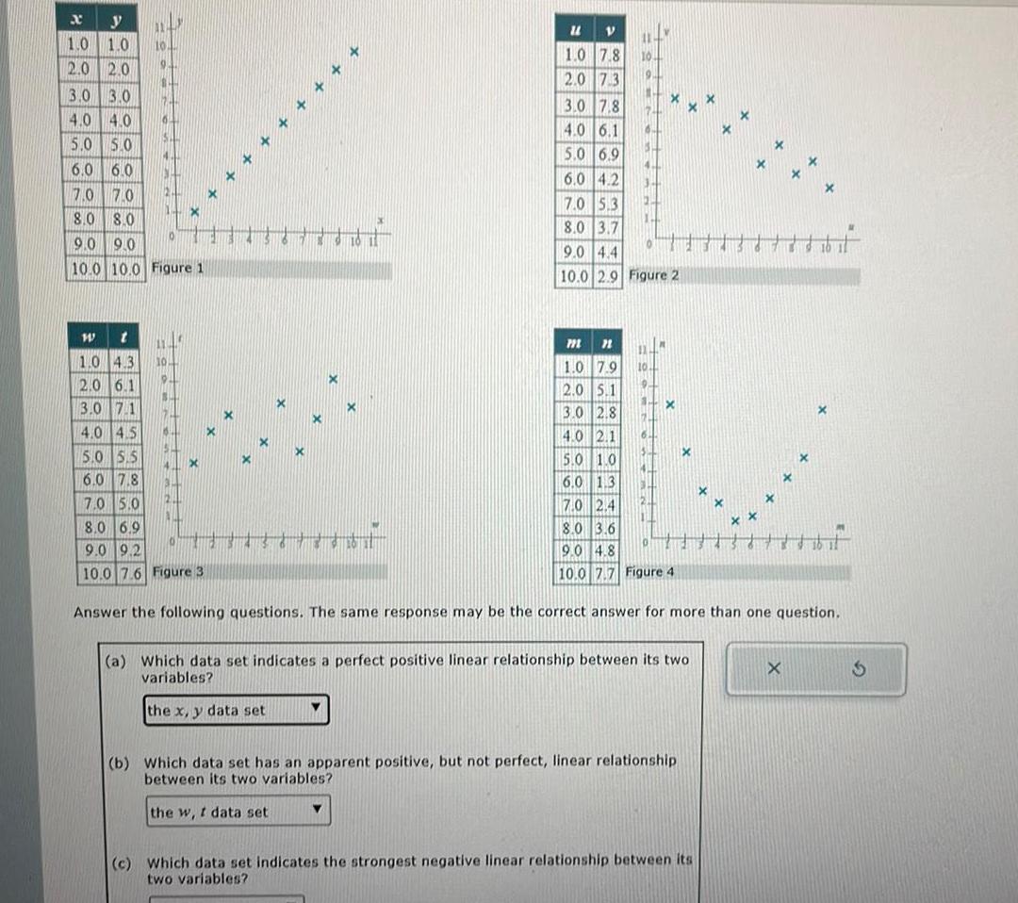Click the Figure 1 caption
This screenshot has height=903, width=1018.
point(178,269)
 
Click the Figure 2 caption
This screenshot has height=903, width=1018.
point(653,275)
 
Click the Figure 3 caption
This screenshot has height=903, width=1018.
point(177,572)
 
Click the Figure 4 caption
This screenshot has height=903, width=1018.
point(651,572)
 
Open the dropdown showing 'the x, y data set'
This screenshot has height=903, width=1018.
point(237,710)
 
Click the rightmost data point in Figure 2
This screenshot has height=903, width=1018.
point(829,189)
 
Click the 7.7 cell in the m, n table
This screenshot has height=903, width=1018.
point(605,572)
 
